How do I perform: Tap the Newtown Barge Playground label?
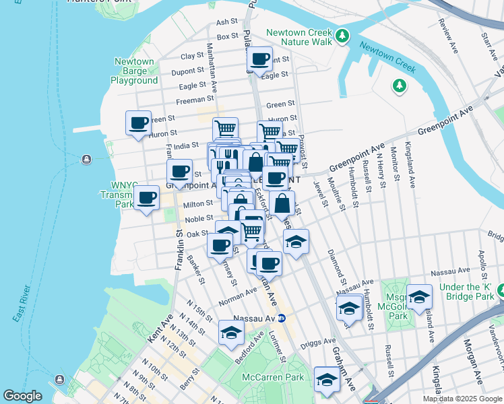(x=134, y=71)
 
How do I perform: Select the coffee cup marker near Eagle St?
(x=259, y=59)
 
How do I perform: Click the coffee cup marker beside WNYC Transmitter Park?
(x=146, y=198)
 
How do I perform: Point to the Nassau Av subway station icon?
(x=282, y=318)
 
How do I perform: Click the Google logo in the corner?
(x=22, y=396)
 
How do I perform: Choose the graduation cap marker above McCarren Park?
(x=231, y=333)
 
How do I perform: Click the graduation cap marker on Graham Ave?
(x=327, y=380)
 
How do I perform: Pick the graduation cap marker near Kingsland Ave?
(x=419, y=296)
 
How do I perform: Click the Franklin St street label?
(x=179, y=248)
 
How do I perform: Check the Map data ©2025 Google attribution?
(x=462, y=399)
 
